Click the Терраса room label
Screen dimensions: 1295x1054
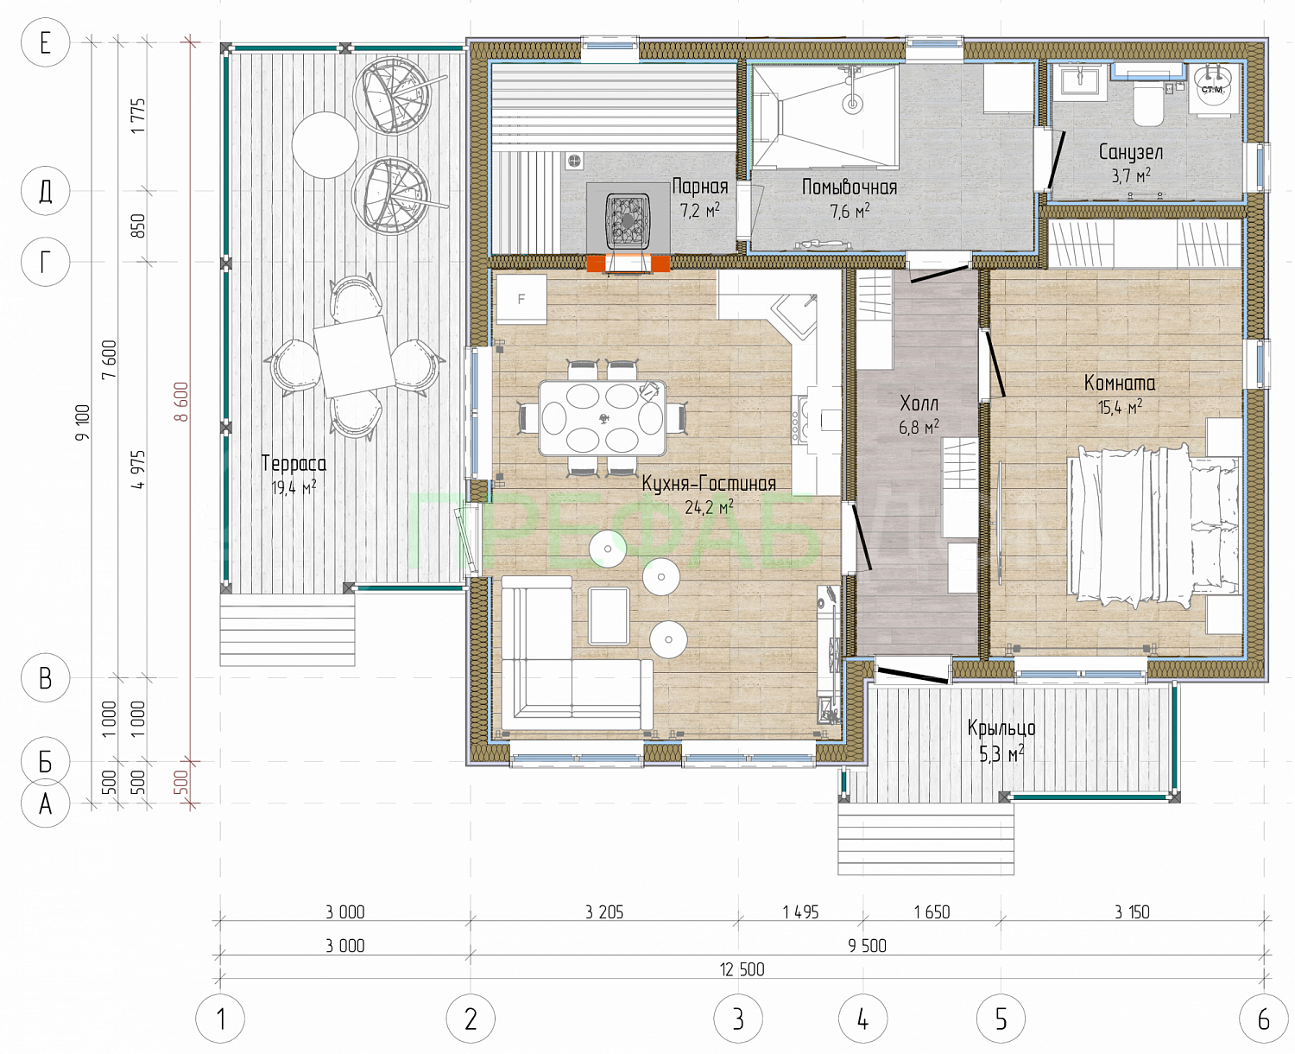[x=294, y=463]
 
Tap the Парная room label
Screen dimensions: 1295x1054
[x=700, y=187]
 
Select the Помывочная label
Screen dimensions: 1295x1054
[x=850, y=187]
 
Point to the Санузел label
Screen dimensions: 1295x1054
[x=1131, y=152]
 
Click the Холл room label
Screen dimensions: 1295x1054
[x=919, y=403]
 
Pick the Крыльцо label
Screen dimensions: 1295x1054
[x=1001, y=728]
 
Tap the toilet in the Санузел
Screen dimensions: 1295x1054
[x=1147, y=104]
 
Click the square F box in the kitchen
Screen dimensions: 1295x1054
[x=521, y=299]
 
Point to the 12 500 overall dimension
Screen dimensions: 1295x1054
[x=742, y=969]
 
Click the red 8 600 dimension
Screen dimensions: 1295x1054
[x=181, y=402]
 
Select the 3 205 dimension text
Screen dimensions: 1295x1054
[x=604, y=912]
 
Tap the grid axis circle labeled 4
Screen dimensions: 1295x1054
[x=862, y=1019]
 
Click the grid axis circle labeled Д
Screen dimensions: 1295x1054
[x=46, y=191]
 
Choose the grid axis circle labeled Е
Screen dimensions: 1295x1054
[x=46, y=42]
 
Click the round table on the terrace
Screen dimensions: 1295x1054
[x=325, y=145]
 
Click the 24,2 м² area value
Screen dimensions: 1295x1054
[x=709, y=507]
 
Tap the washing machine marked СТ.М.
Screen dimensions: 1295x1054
[x=1213, y=89]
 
